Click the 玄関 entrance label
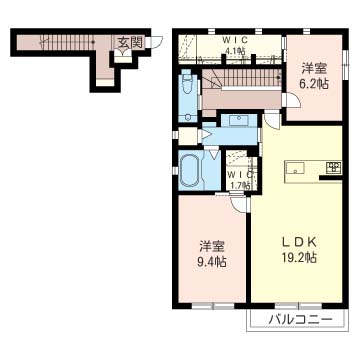[130, 42]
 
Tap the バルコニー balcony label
[301, 320]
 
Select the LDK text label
[299, 243]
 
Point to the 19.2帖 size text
[299, 258]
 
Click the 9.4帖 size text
[212, 261]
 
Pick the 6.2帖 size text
[313, 83]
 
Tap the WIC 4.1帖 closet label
[234, 46]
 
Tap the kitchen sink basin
[294, 168]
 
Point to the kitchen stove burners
[333, 167]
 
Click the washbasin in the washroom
[239, 120]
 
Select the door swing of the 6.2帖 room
[292, 99]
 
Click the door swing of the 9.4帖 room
[239, 203]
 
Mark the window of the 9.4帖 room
[213, 305]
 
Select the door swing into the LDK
[272, 121]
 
